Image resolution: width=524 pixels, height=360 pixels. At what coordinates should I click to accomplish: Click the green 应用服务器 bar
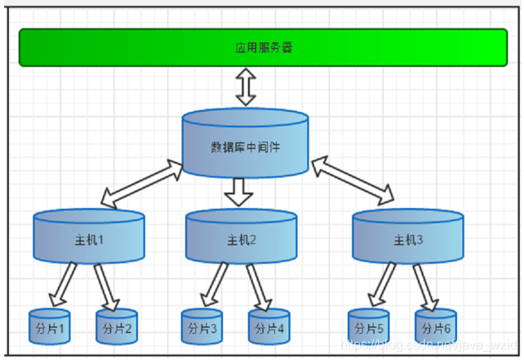tap(263, 47)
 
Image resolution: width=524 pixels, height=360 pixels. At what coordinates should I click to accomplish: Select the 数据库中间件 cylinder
tap(246, 145)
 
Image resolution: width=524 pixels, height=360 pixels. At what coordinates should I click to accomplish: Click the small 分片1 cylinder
tap(49, 327)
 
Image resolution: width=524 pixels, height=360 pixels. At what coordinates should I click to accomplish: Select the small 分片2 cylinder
tap(117, 327)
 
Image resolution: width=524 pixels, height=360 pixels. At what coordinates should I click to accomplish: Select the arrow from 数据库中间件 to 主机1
tap(141, 184)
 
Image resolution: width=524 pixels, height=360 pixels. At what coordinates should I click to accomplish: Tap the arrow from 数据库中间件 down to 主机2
tap(239, 193)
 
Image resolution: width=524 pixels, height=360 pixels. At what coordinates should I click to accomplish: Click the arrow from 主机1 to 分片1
tap(64, 284)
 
